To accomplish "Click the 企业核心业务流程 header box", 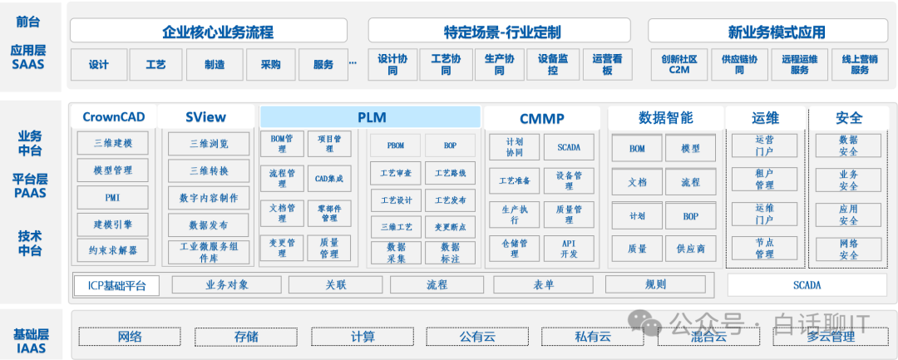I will tap(209, 32).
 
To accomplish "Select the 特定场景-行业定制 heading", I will tap(502, 32).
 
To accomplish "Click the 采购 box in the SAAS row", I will tap(270, 65).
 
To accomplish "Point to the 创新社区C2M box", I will tap(678, 65).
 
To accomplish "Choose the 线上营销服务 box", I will tap(859, 65).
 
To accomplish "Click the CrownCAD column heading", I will tap(114, 117).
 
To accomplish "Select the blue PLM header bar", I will tap(371, 117).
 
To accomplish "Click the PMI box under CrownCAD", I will tap(114, 198).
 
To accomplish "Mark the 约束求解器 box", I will tap(114, 249).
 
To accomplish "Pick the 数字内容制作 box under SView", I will tap(208, 198).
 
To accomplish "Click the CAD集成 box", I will tap(329, 178).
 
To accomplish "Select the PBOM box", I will tap(397, 145).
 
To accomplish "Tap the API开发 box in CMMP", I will tap(569, 248).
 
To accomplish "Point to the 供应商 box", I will tap(690, 248).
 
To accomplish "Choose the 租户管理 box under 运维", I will tap(764, 179).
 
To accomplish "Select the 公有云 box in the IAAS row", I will tap(477, 337).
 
